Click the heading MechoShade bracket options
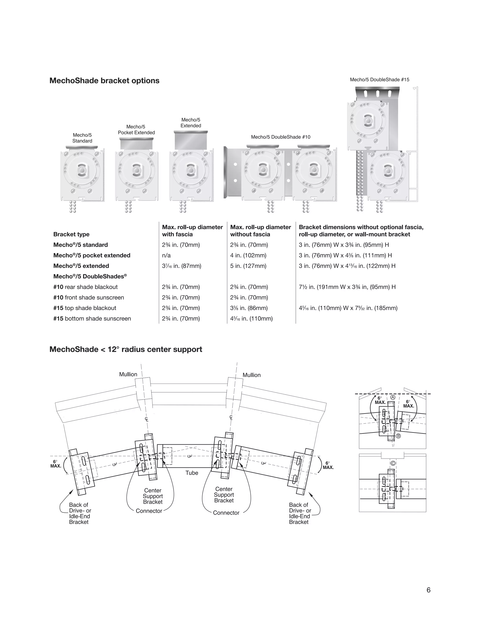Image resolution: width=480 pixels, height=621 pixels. (x=104, y=81)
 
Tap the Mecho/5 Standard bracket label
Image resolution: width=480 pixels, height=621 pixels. (x=82, y=138)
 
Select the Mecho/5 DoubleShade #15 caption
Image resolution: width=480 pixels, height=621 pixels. (x=379, y=80)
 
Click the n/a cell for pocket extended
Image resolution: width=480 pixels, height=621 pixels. (x=166, y=255)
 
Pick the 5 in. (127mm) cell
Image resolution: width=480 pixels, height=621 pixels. (x=248, y=266)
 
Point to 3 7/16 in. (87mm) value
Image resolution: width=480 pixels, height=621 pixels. (x=181, y=266)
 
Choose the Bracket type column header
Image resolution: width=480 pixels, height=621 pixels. (x=71, y=234)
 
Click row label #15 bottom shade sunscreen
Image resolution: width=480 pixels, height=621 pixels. (x=92, y=318)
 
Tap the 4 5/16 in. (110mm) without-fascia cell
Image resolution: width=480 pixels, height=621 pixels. (x=251, y=318)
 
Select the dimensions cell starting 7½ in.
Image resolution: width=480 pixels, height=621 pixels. (x=347, y=287)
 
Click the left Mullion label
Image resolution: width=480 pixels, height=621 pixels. (x=128, y=374)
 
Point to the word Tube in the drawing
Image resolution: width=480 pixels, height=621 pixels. (x=192, y=473)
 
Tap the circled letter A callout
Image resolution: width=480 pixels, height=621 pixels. (x=393, y=397)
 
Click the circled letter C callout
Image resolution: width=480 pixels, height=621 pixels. (x=393, y=463)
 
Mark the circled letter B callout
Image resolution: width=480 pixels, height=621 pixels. (x=398, y=436)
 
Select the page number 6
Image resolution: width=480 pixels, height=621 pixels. (x=428, y=590)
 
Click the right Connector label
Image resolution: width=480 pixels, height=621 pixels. (x=226, y=513)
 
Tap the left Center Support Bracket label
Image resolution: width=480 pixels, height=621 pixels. (x=153, y=496)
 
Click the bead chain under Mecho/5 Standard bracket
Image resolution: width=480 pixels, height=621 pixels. (x=73, y=207)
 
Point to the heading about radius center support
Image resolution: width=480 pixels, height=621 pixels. (x=126, y=349)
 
